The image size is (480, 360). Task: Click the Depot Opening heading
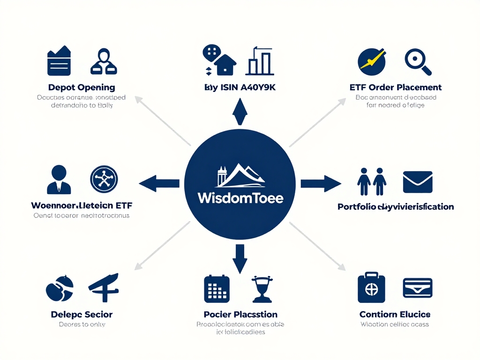click(x=82, y=87)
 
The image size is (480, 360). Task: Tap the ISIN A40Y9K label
click(x=240, y=87)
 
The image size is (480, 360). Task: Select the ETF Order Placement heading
click(x=395, y=87)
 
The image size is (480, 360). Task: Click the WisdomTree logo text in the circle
click(x=240, y=198)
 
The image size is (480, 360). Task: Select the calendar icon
click(x=217, y=288)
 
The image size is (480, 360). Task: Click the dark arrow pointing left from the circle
click(x=159, y=183)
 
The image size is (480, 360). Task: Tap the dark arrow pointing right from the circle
click(x=321, y=183)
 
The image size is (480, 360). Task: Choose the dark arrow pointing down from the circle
click(x=240, y=259)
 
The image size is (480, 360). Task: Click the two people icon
click(x=372, y=181)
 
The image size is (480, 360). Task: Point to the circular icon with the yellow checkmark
click(x=371, y=61)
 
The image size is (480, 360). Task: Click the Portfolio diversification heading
click(x=395, y=207)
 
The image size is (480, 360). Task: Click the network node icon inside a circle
click(x=104, y=179)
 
